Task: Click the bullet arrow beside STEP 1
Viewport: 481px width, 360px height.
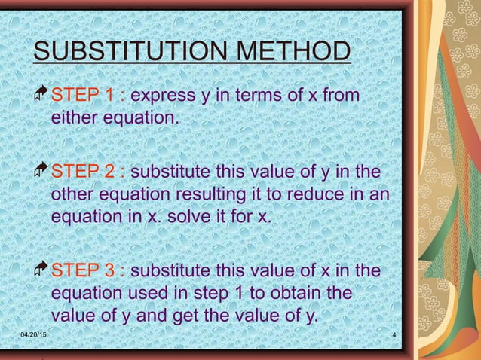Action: point(41,96)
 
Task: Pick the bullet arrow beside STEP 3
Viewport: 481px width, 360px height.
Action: point(41,270)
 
